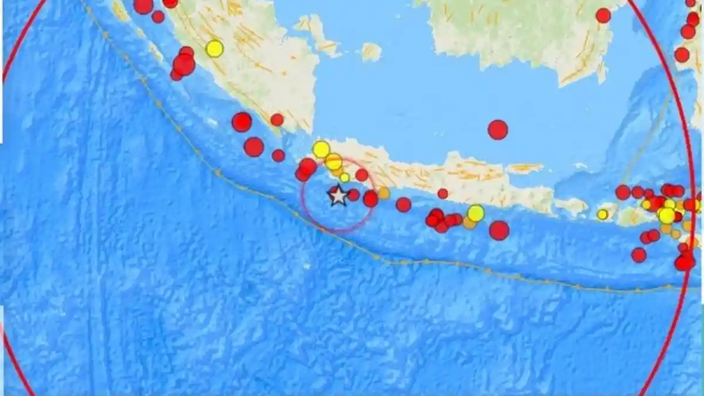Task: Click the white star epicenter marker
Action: click(x=338, y=195)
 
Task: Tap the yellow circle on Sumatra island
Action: click(x=215, y=48)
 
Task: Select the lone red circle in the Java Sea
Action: click(x=497, y=130)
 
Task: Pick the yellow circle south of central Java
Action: click(x=476, y=213)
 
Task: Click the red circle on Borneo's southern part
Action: click(x=603, y=15)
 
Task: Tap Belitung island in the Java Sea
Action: click(x=371, y=52)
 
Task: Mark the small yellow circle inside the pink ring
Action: click(x=344, y=177)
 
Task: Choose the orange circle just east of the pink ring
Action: click(x=383, y=193)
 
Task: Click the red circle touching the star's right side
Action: click(x=353, y=195)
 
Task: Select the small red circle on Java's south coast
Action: click(x=442, y=194)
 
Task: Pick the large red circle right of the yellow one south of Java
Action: click(x=499, y=230)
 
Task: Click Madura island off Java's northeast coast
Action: click(x=524, y=168)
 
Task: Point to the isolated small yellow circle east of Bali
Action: click(x=603, y=215)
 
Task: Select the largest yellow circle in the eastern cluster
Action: click(x=666, y=215)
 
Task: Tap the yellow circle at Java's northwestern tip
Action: click(x=321, y=149)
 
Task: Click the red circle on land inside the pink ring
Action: click(x=362, y=175)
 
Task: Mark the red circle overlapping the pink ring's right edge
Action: click(x=370, y=199)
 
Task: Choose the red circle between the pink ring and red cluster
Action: click(x=404, y=205)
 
